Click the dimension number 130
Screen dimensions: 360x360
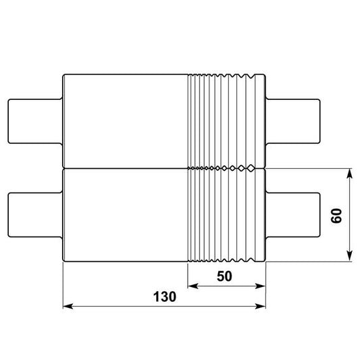click(165, 297)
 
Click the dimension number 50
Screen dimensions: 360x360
click(224, 276)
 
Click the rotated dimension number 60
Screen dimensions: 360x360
click(336, 215)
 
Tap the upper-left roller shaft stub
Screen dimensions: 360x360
click(35, 121)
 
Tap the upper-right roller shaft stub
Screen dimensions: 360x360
click(293, 121)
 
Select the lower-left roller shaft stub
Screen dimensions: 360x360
click(35, 215)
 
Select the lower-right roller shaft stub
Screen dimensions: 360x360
click(293, 215)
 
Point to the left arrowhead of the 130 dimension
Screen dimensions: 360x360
click(68, 306)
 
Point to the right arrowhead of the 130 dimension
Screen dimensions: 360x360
click(261, 306)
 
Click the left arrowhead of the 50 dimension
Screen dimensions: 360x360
click(193, 286)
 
